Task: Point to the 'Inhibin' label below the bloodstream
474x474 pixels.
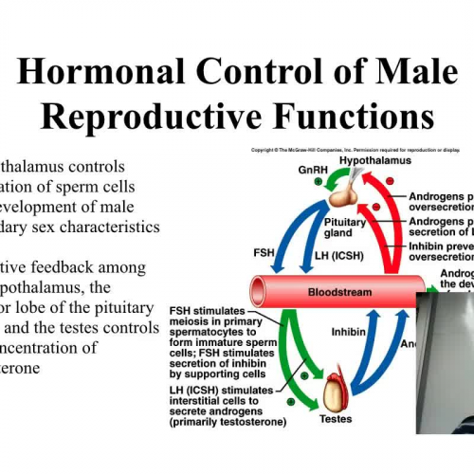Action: coord(349,333)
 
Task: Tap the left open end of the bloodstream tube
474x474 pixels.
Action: coord(257,289)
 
